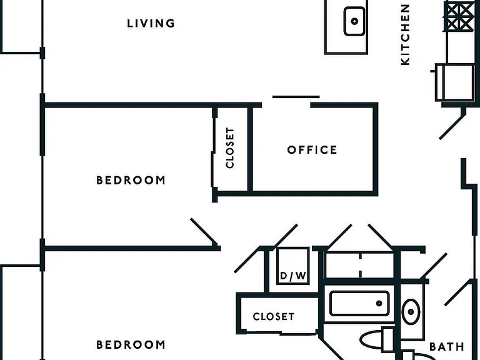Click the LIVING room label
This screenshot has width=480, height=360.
pos(151,24)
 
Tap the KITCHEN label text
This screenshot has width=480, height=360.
pos(405,34)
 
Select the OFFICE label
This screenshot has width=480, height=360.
pos(312,150)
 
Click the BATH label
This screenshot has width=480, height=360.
pos(447,347)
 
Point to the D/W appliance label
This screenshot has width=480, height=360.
pos(293,276)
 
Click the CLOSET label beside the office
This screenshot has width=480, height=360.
pos(230,148)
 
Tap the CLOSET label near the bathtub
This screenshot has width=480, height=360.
pos(274,316)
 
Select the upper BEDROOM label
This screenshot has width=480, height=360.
pos(131,180)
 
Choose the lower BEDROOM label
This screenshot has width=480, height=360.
pos(131,345)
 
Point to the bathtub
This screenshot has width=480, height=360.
pos(359,303)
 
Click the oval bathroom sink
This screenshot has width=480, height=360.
pos(411,312)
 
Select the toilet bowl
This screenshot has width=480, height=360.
pos(371,339)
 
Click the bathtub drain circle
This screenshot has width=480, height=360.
pos(379,303)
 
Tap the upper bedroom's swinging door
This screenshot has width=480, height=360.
pos(204,232)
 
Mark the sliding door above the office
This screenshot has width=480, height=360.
pos(296,97)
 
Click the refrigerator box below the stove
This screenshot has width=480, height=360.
pos(455,82)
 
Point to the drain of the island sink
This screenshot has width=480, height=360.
pos(354,21)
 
